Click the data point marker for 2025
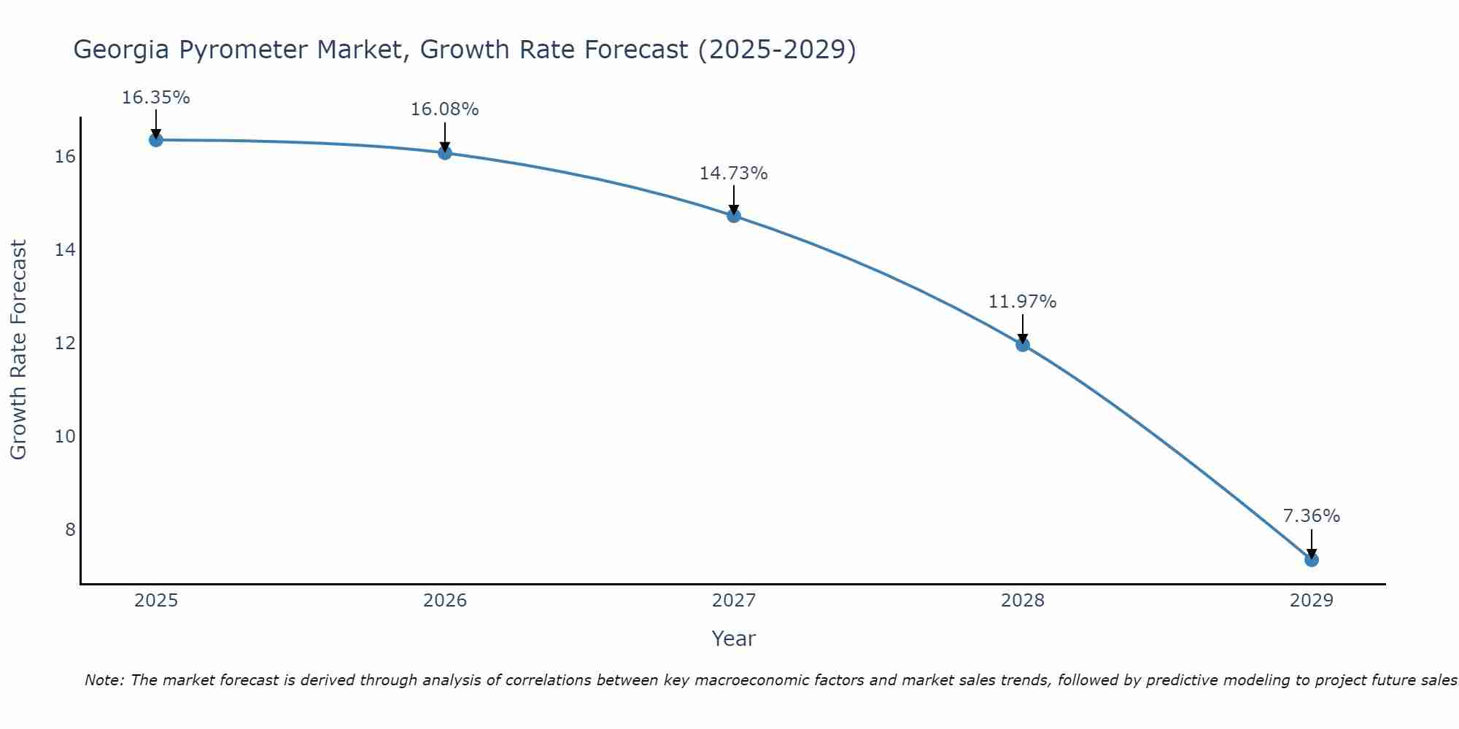[x=155, y=140]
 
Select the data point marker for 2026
[x=445, y=152]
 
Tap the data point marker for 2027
[x=734, y=216]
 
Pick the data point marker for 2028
[x=1023, y=345]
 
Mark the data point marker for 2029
[x=1311, y=560]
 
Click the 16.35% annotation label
[x=155, y=98]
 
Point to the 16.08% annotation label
[x=444, y=109]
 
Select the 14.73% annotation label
[x=733, y=174]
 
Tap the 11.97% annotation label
[x=1022, y=302]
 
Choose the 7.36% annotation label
[x=1311, y=516]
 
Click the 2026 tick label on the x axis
[x=445, y=601]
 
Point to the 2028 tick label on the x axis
[x=1023, y=601]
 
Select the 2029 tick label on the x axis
[x=1311, y=601]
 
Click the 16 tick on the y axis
[x=66, y=157]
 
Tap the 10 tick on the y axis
[x=66, y=437]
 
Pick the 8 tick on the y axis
[x=70, y=529]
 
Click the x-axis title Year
[x=733, y=639]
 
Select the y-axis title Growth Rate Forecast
[x=19, y=350]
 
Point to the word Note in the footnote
[x=104, y=680]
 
